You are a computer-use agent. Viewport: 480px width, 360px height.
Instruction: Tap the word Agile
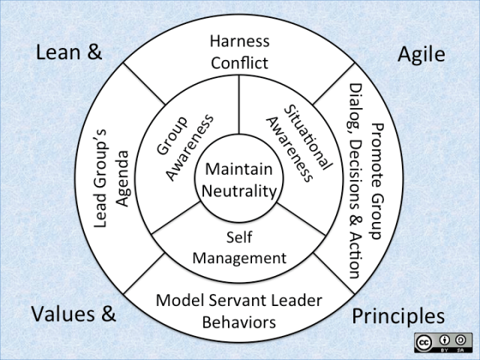click(x=421, y=54)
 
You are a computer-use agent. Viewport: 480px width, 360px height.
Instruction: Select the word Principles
click(x=398, y=315)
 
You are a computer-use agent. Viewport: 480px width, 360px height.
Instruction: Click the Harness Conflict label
click(x=239, y=51)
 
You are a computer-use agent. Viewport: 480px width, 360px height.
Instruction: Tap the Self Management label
click(x=239, y=248)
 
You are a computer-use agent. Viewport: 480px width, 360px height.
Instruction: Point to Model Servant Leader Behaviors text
click(x=239, y=311)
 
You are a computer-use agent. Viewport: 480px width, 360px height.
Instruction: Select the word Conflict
click(x=239, y=62)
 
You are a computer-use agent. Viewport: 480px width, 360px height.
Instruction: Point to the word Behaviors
click(x=239, y=322)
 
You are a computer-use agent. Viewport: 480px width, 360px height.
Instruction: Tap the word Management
click(x=239, y=258)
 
